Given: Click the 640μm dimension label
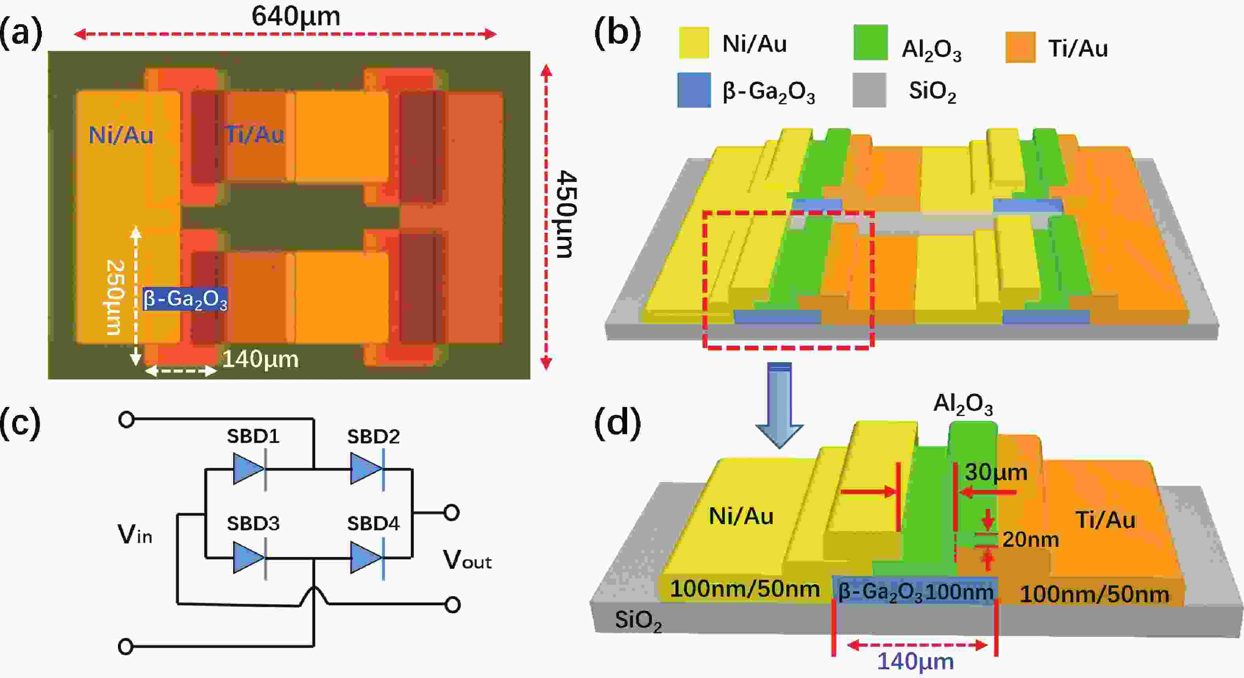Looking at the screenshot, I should [x=295, y=17].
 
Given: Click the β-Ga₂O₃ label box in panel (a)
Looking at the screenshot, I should [x=185, y=299].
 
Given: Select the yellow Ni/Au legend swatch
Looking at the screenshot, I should [x=694, y=43].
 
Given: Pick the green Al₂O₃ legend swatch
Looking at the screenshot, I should [x=870, y=43].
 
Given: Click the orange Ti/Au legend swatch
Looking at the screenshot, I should [x=1020, y=47].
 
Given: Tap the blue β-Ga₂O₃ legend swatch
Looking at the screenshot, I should [x=694, y=90].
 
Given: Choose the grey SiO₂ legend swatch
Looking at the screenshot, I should [x=869, y=90].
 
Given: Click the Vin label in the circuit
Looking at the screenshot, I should [x=135, y=535].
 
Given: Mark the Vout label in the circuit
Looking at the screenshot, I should [x=467, y=561].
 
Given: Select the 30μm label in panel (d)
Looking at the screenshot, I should [x=996, y=472].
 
